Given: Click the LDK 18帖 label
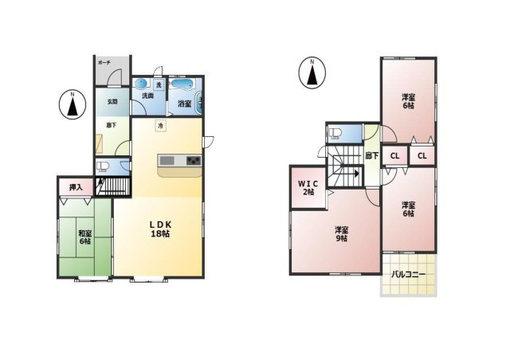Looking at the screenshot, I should [x=161, y=228].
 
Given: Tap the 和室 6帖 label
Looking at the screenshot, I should [x=84, y=237].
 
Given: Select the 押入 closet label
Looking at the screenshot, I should [x=76, y=187].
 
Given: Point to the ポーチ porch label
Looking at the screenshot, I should [x=104, y=62].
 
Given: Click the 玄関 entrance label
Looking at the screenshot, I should [x=112, y=101].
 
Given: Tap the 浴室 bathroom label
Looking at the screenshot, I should [x=183, y=103].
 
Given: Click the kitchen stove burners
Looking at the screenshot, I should [x=194, y=162].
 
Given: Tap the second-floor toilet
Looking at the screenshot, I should [x=335, y=132].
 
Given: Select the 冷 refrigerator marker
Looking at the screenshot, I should [x=160, y=127].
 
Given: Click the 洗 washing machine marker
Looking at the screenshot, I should [x=158, y=84].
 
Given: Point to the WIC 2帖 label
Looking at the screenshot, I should [x=307, y=188].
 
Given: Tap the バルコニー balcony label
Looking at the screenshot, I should [x=408, y=275].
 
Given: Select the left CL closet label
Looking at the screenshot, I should [x=394, y=156].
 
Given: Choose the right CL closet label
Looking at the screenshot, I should [x=422, y=156].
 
